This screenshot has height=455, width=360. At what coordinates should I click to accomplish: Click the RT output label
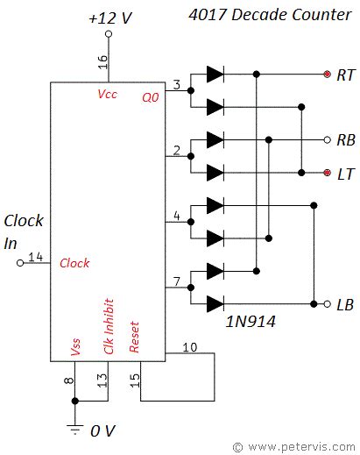(x=345, y=75)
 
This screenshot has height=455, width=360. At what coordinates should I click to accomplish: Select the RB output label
(x=345, y=140)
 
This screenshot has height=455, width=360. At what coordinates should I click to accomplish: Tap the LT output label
(x=345, y=173)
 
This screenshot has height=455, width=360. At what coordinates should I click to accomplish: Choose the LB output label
(x=345, y=304)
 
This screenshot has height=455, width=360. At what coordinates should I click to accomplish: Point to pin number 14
(x=35, y=257)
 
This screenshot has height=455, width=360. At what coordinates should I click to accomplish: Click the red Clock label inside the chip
(x=74, y=263)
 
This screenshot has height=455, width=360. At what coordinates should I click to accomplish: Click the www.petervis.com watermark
(x=294, y=446)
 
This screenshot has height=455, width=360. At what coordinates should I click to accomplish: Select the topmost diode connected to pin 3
(x=215, y=75)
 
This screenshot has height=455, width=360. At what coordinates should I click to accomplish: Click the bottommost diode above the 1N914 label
(x=215, y=304)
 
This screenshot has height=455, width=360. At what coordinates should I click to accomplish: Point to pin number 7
(x=177, y=281)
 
